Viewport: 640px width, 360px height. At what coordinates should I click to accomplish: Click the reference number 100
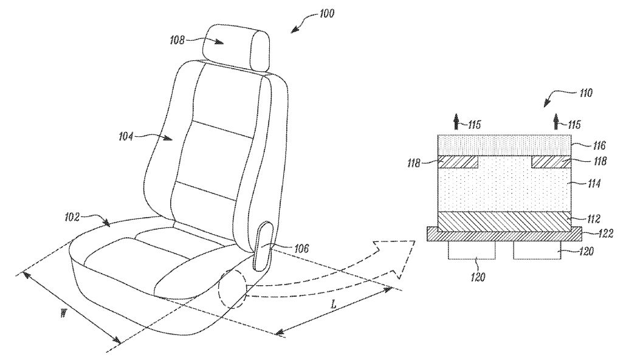326,13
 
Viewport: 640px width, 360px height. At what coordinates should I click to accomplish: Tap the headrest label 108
177,40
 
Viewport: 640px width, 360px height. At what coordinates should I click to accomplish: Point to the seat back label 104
126,136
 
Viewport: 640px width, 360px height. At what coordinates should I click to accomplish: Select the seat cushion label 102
72,217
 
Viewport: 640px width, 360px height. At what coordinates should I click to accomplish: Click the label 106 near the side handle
301,248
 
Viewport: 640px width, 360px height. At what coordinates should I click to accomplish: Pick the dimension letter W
63,313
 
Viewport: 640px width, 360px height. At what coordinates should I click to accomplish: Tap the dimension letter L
334,304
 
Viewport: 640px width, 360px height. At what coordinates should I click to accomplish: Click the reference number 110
585,93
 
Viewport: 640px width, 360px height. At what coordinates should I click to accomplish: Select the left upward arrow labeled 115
456,122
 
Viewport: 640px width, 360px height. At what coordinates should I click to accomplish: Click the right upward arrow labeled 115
556,122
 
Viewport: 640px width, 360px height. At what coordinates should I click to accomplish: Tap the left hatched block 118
458,162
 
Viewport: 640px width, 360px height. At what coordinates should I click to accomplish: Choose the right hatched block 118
551,162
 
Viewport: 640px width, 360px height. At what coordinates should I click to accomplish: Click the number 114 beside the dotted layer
593,184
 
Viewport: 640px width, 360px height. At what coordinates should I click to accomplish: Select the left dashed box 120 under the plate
472,250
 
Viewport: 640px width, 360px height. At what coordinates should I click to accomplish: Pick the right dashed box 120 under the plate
537,250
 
